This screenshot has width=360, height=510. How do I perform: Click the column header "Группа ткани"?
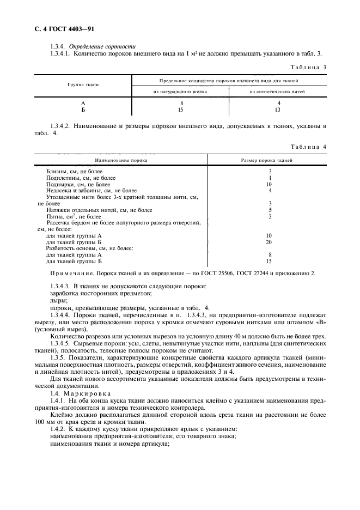83,86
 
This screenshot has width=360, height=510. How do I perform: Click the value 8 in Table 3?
181,104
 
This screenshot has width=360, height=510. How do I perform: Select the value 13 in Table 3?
278,110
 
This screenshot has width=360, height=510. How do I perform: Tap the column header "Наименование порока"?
121,161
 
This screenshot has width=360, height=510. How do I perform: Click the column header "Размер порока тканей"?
267,161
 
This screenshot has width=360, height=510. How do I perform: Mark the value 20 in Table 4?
269,241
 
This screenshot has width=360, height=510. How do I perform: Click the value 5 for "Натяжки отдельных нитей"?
270,210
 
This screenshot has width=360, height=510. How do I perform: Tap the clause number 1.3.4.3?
61,286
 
